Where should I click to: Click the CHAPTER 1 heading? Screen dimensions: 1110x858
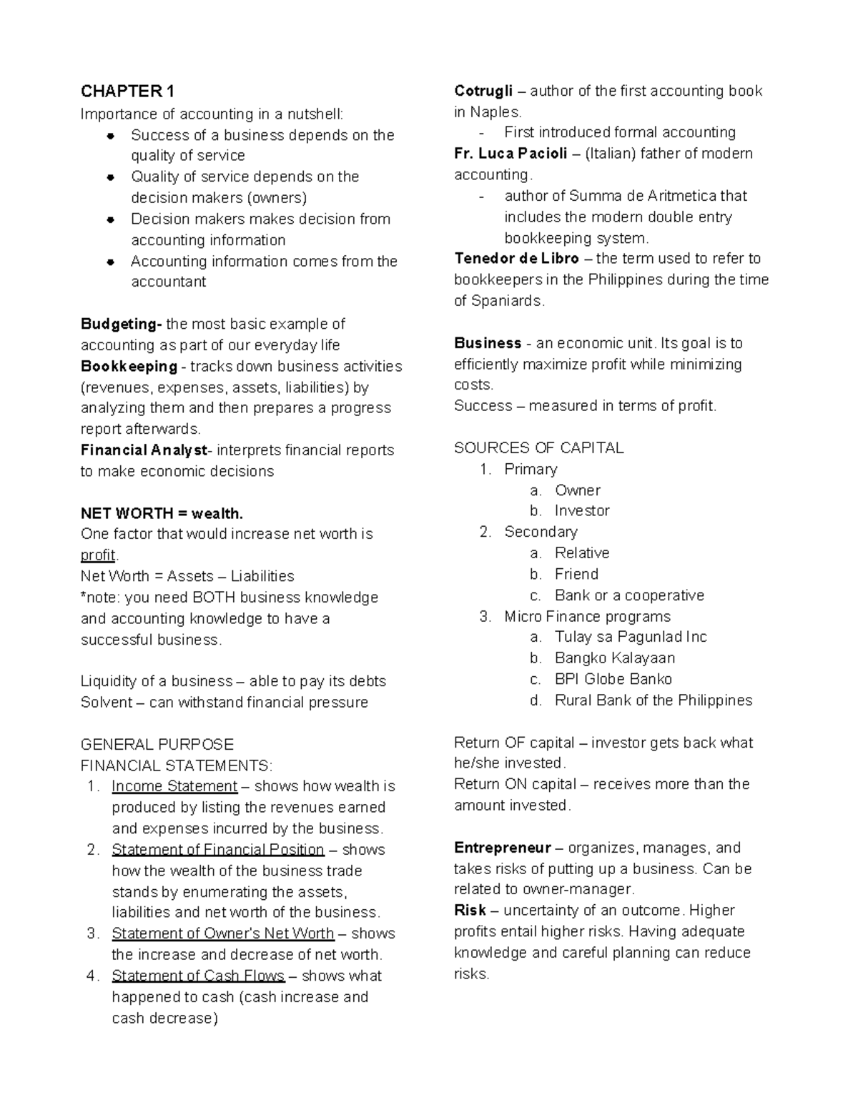coord(127,91)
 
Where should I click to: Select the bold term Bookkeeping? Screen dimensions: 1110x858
coord(129,367)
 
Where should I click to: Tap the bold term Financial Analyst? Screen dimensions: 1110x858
coord(145,450)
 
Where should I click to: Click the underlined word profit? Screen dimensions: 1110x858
coord(98,555)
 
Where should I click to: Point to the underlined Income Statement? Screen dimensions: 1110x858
coord(174,786)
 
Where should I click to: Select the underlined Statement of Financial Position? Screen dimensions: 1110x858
coord(218,850)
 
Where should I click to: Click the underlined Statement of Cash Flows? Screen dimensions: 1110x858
coord(198,976)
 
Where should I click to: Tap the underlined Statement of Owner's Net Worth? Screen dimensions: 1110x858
coord(223,934)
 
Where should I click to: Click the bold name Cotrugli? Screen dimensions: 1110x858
coord(483,91)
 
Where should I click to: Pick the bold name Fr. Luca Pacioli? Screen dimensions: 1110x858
coord(511,154)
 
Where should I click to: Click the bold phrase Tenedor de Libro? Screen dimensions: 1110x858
coord(516,259)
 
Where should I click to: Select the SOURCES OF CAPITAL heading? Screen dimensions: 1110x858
coord(538,448)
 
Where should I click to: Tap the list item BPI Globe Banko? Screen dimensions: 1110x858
coord(613,679)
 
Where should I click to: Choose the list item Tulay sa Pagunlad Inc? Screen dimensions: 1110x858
coord(631,637)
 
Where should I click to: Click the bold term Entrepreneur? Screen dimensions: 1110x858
coord(502,848)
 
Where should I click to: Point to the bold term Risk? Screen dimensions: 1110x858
coord(470,911)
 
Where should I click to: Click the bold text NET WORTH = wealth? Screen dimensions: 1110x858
coord(162,513)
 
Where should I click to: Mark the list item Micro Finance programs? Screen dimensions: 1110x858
coord(587,617)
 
